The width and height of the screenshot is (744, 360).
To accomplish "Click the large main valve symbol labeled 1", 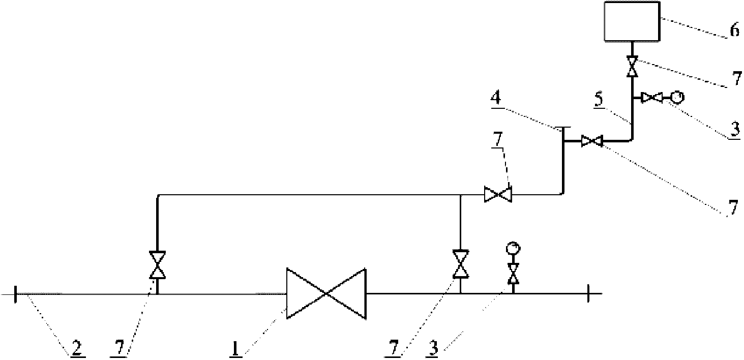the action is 326,293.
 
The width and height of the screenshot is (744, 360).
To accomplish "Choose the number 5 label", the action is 599,99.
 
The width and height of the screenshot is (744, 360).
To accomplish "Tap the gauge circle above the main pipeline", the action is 513,248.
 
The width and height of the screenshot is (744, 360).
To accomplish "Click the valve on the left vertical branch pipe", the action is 157,265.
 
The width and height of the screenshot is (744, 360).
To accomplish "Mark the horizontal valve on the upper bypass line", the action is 498,194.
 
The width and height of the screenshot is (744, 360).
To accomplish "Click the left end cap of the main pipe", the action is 15,293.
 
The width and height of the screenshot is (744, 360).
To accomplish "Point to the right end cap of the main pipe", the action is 588,293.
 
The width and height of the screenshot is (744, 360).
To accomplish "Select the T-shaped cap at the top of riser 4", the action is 562,127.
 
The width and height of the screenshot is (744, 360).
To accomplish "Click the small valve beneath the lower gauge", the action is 513,273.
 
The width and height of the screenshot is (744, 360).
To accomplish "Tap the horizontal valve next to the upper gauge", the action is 651,97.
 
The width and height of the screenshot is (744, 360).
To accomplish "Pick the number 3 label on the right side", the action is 735,130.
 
